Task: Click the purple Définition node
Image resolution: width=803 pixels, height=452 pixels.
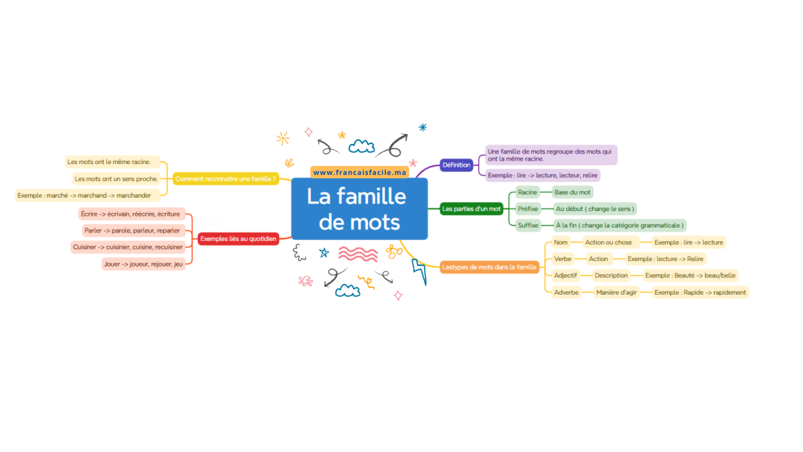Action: point(456,165)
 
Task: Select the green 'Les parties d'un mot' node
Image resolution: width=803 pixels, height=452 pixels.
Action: point(471,209)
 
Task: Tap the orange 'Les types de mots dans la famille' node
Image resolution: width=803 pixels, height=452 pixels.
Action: point(489,267)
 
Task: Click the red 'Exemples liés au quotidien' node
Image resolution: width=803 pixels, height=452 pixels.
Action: point(238,239)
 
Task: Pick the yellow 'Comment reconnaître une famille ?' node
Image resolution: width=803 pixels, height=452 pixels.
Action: point(226,179)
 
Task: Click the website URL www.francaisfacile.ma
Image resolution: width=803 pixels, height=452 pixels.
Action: point(359,173)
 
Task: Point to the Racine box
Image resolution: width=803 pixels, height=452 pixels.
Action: point(527,192)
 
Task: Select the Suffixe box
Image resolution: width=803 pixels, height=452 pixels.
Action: point(528,225)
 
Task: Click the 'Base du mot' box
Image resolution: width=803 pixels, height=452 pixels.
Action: point(572,192)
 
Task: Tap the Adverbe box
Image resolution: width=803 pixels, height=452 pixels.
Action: point(566,293)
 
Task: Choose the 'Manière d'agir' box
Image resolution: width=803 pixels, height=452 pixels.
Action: point(616,293)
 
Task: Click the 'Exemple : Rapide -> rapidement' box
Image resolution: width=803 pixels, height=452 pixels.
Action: point(700,293)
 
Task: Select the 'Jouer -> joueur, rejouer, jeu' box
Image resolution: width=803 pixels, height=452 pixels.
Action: point(143,264)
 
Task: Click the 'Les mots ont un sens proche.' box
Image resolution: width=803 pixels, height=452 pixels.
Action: point(116,179)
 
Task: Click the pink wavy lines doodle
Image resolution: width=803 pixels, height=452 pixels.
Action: point(358,254)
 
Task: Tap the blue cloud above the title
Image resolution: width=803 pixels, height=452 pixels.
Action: point(362,147)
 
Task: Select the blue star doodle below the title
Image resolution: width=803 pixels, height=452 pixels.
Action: point(324,253)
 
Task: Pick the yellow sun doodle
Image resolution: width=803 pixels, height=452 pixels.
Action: point(283,139)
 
